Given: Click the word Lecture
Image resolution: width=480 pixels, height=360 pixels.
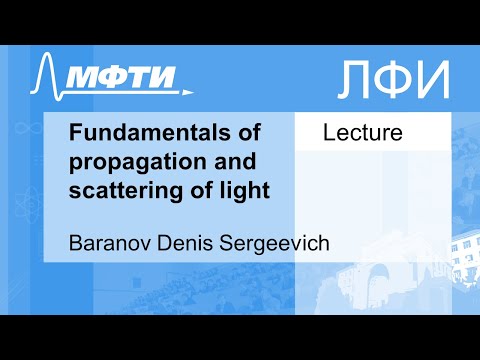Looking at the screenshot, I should click(x=362, y=133).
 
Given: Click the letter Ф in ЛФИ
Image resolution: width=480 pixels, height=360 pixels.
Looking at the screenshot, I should click(x=398, y=78).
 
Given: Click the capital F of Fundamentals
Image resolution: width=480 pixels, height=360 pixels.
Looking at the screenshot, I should click(x=75, y=134).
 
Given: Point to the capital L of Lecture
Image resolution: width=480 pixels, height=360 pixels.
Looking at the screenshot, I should click(x=328, y=133).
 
